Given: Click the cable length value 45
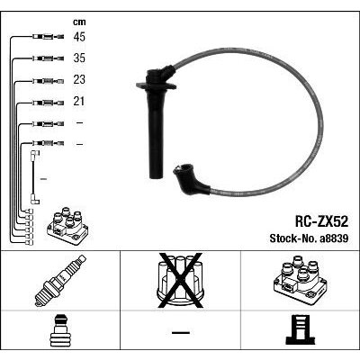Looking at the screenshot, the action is (x=79, y=37).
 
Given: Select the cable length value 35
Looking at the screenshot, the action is (x=79, y=58).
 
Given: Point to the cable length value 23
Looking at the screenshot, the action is (x=79, y=79).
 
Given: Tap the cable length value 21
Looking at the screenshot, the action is (x=79, y=102).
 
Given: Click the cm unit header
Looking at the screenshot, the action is (x=79, y=22).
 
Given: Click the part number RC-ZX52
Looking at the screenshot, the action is (x=321, y=222).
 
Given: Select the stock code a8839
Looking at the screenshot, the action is (x=334, y=238).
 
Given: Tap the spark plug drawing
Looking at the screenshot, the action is (x=60, y=281).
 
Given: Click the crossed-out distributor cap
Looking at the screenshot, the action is (x=180, y=280).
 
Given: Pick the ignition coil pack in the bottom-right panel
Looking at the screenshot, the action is (x=300, y=279).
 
